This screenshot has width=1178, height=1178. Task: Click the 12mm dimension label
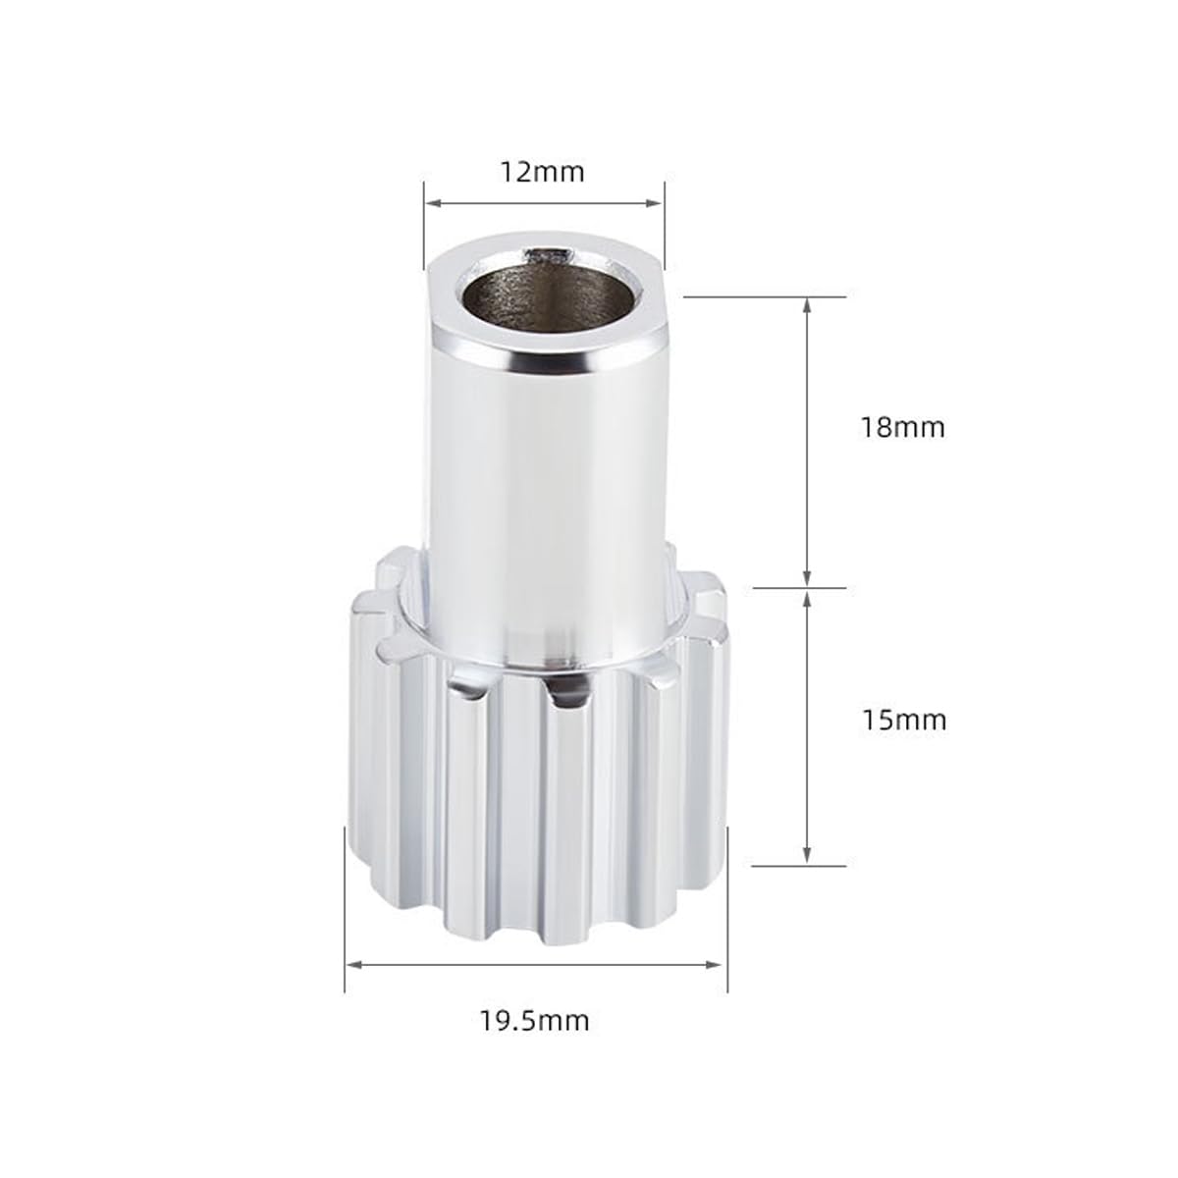tap(543, 173)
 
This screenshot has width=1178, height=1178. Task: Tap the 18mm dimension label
tap(902, 427)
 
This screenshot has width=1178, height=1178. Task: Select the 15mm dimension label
tap(903, 721)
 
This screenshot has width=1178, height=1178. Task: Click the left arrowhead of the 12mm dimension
tap(434, 203)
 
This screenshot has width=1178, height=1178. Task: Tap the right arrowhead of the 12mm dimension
tap(654, 203)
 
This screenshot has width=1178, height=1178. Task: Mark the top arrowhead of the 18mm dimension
tap(806, 305)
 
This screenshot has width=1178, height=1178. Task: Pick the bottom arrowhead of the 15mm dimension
tap(806, 856)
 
